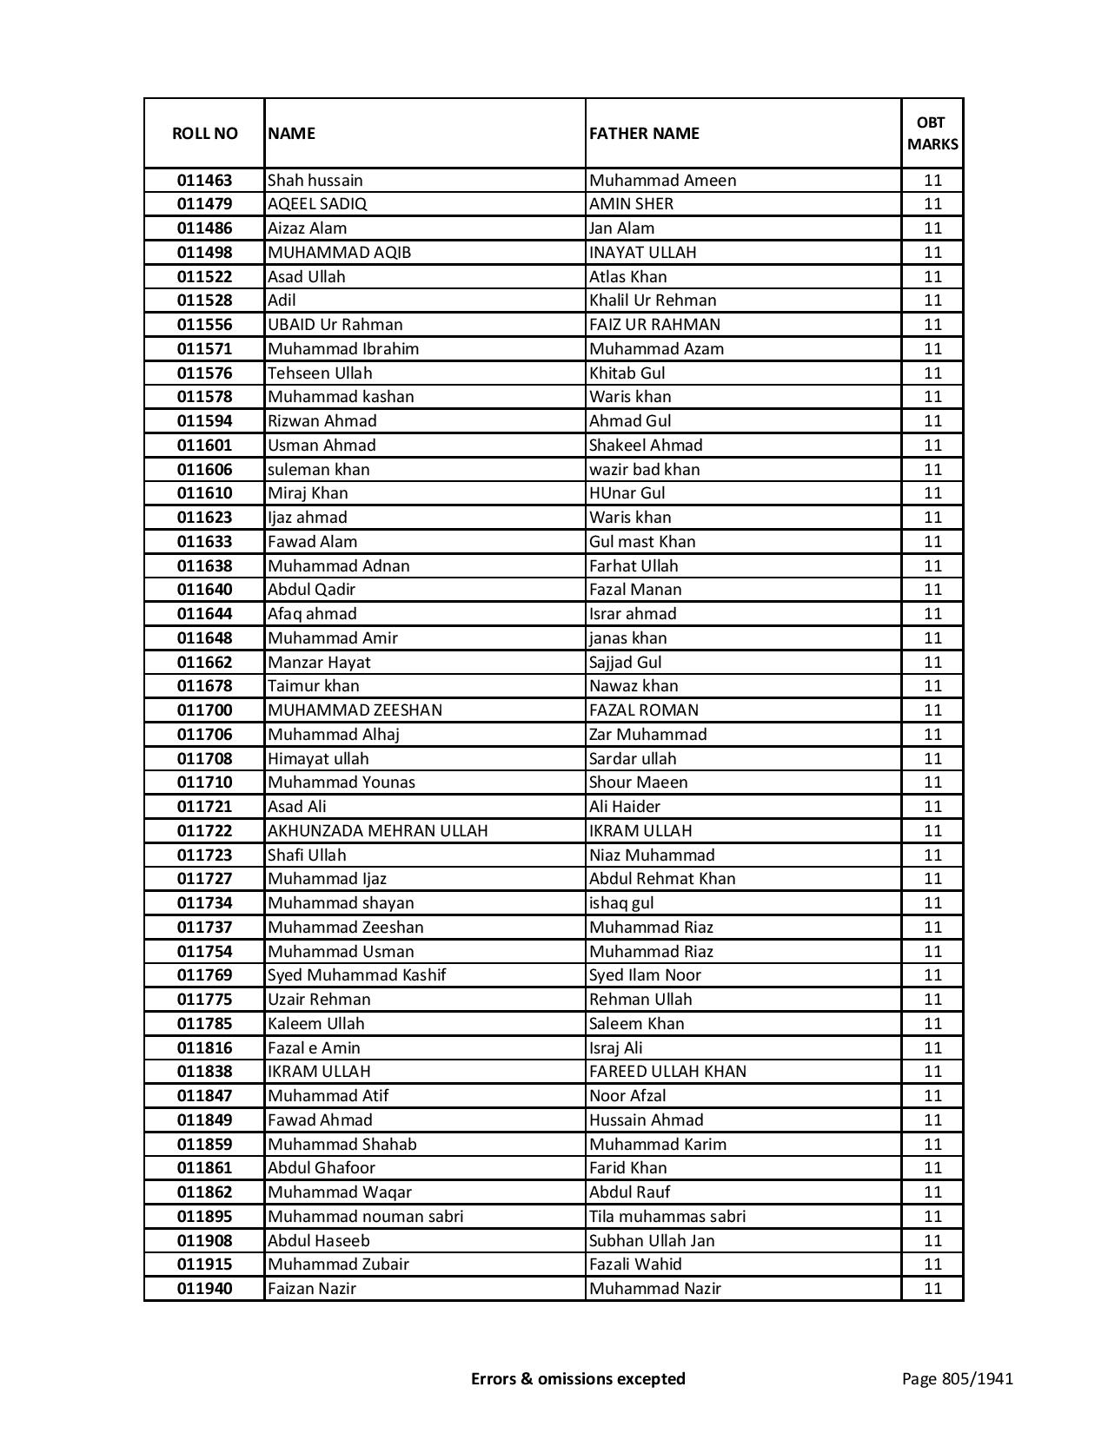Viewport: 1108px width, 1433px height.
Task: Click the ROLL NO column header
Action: [204, 133]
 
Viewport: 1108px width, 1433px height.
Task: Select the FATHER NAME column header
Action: [644, 133]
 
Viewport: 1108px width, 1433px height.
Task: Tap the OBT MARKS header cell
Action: [932, 133]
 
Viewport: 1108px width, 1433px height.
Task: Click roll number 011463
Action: [204, 181]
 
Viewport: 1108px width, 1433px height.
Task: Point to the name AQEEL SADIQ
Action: [317, 204]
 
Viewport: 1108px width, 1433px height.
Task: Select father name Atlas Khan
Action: [627, 277]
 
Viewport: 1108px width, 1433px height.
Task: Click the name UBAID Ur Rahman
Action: [335, 325]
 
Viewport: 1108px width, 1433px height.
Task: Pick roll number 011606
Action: [204, 470]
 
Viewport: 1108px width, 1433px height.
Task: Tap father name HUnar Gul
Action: [627, 493]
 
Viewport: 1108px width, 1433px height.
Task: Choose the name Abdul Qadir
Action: [311, 590]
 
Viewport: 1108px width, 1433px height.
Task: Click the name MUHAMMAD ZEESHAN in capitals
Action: [355, 710]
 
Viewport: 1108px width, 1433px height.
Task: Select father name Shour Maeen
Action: [638, 783]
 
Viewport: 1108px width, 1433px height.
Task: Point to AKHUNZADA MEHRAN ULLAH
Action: [377, 831]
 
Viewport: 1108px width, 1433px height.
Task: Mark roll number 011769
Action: [204, 975]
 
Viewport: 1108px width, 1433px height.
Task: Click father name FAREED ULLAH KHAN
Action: [667, 1072]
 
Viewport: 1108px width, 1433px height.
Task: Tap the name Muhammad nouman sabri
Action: [365, 1217]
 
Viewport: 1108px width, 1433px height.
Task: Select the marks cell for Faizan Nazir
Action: [932, 1289]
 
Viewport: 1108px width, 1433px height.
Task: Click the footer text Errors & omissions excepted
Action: [578, 1378]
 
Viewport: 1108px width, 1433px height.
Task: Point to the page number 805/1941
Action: [957, 1378]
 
